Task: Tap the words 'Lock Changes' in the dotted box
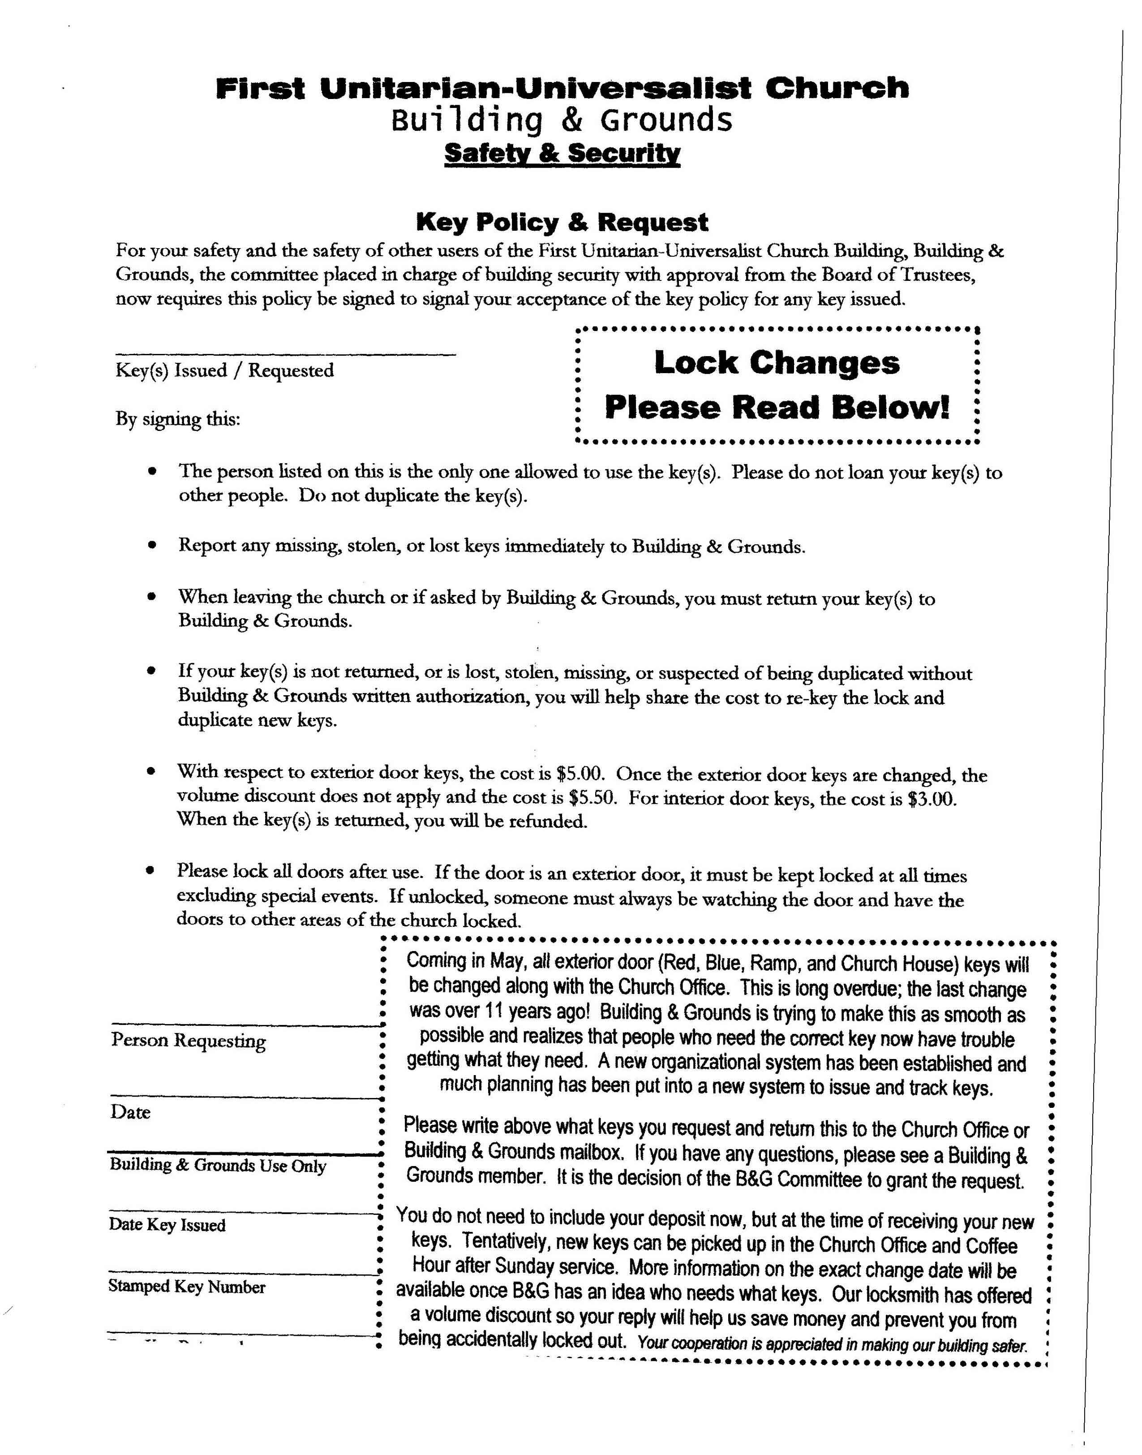point(777,363)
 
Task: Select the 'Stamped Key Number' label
point(187,1287)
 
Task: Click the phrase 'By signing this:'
point(178,420)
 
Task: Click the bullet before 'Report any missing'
point(153,546)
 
